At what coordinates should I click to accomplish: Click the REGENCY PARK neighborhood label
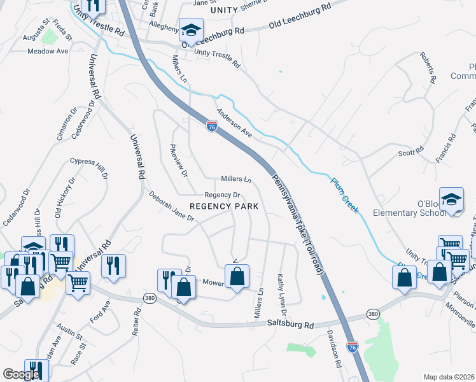click(x=225, y=206)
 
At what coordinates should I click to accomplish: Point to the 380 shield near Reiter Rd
click(x=148, y=299)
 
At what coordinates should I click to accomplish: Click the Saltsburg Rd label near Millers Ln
click(x=291, y=325)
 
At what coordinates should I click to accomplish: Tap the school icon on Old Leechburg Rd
click(x=190, y=30)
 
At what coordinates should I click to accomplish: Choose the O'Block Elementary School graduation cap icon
click(x=451, y=199)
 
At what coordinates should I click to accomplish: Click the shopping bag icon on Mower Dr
click(x=237, y=277)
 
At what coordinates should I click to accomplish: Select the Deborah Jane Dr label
click(x=171, y=207)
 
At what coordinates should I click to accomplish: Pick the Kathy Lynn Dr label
click(x=281, y=294)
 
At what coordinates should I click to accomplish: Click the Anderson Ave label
click(x=234, y=123)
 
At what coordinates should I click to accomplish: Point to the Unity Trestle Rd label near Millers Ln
click(x=217, y=59)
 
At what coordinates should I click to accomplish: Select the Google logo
click(x=21, y=374)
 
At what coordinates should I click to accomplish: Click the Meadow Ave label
click(x=48, y=51)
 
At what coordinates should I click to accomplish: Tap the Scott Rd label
click(x=410, y=152)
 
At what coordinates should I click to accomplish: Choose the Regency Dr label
click(x=221, y=195)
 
